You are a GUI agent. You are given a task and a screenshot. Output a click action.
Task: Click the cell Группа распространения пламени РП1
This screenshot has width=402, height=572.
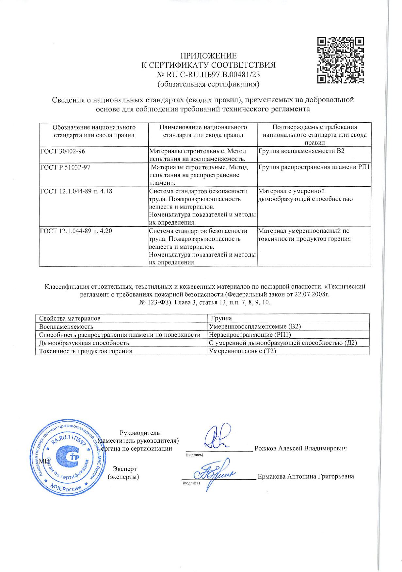314,168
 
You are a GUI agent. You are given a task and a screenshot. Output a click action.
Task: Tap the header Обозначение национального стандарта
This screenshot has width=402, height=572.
94,131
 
